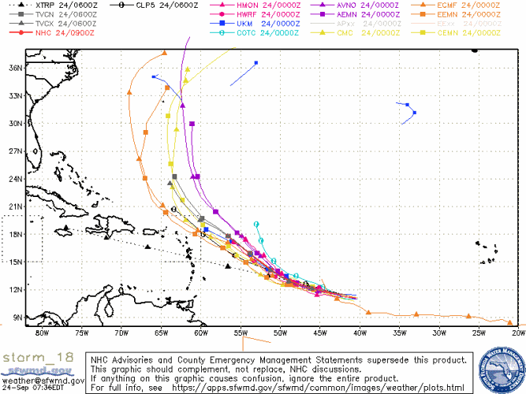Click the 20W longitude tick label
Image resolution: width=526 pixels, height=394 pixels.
click(x=518, y=332)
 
